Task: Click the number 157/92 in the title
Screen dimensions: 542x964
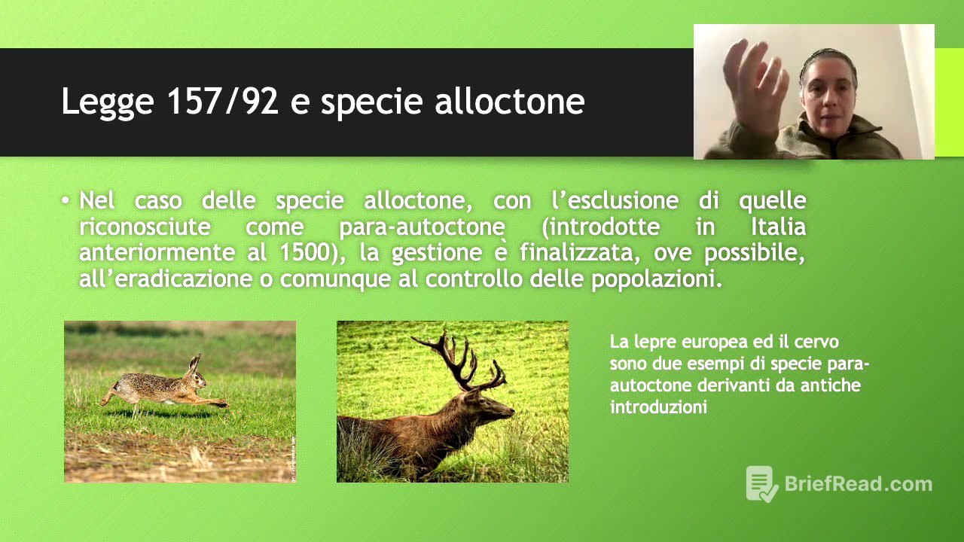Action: point(223,102)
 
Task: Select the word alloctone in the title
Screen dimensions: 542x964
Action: point(510,102)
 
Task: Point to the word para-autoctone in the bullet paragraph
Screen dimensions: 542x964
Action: point(423,227)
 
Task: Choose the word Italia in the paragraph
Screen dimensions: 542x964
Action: point(778,227)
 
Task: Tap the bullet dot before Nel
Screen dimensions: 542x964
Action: point(66,201)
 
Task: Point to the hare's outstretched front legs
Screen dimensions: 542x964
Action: point(215,403)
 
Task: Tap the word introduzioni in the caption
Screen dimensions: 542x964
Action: point(658,407)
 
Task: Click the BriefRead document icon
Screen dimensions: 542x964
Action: point(761,483)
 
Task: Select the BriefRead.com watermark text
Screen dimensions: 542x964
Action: point(858,483)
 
